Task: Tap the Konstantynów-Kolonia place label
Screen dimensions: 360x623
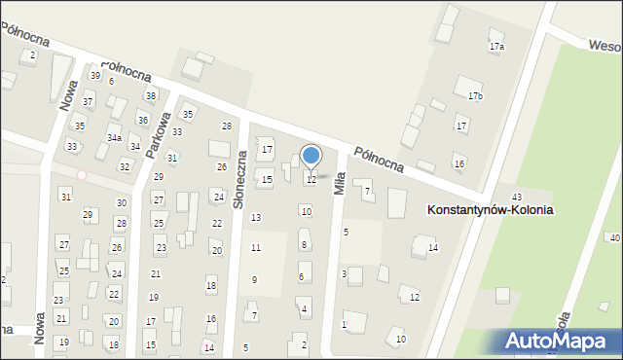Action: [x=490, y=209]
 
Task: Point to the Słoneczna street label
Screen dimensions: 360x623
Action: [x=238, y=167]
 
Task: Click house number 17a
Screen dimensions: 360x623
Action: [x=496, y=47]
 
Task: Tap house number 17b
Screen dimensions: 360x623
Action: [x=475, y=95]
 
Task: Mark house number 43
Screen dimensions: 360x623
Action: [x=517, y=198]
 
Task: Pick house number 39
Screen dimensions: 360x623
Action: [x=95, y=75]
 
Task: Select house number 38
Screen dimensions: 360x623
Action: [x=150, y=95]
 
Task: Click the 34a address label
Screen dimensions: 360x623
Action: [x=114, y=139]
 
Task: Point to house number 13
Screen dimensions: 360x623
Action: [x=256, y=217]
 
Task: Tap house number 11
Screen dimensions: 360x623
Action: [x=256, y=248]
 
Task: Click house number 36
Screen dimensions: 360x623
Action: [x=142, y=120]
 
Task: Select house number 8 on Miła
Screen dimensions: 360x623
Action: [x=304, y=244]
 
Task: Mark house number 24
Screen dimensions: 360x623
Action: [x=218, y=197]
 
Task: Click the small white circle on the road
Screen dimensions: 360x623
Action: [x=83, y=175]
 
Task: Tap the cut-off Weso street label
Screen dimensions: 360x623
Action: [x=603, y=44]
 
